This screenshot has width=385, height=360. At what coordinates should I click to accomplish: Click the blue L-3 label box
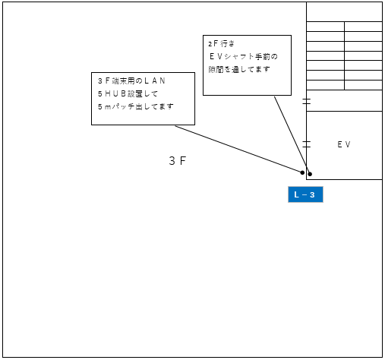(x=305, y=194)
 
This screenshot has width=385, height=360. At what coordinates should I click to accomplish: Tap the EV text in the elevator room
(x=344, y=144)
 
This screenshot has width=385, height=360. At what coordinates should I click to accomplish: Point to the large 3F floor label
(x=178, y=161)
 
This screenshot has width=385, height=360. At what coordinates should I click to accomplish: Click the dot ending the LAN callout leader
(x=302, y=172)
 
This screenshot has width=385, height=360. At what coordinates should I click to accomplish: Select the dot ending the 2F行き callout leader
(x=310, y=174)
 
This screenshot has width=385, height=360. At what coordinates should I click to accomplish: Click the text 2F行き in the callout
(x=222, y=43)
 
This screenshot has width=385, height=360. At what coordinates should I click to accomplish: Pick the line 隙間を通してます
(x=239, y=69)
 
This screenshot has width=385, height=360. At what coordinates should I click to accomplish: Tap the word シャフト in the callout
(x=239, y=56)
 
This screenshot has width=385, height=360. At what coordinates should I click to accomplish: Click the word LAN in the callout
(x=155, y=81)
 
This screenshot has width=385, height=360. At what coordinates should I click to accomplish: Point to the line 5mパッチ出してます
(x=136, y=106)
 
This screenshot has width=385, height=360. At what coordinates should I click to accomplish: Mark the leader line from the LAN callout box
(x=238, y=149)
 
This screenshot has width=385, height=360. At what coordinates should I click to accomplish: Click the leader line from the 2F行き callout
(x=292, y=135)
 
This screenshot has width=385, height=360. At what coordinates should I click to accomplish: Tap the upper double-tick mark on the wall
(x=307, y=101)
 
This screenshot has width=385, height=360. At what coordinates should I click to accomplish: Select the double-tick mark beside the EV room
(x=307, y=144)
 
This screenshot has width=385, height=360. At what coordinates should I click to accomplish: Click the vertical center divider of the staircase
(x=345, y=55)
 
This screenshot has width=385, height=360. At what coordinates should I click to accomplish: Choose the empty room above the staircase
(x=344, y=12)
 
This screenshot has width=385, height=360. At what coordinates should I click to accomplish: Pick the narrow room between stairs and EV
(x=344, y=100)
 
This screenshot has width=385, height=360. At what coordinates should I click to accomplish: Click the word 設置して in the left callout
(x=143, y=93)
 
